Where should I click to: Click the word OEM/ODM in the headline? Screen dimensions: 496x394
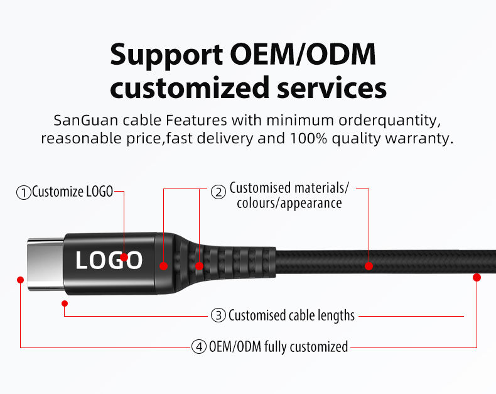point(303,55)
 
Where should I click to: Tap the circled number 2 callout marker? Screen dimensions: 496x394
point(218,192)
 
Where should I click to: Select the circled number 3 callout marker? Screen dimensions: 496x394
point(218,315)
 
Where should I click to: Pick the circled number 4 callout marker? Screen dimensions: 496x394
point(198,347)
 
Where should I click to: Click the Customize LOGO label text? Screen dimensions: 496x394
point(72,192)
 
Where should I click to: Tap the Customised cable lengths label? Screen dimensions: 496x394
point(291,315)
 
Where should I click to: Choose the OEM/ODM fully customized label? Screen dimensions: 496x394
point(278,347)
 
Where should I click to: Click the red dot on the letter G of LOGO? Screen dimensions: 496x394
point(124,257)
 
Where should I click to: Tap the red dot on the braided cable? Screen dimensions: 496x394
point(369,266)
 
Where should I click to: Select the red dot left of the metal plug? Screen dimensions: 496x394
point(21,279)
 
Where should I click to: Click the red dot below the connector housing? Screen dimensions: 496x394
point(65,304)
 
